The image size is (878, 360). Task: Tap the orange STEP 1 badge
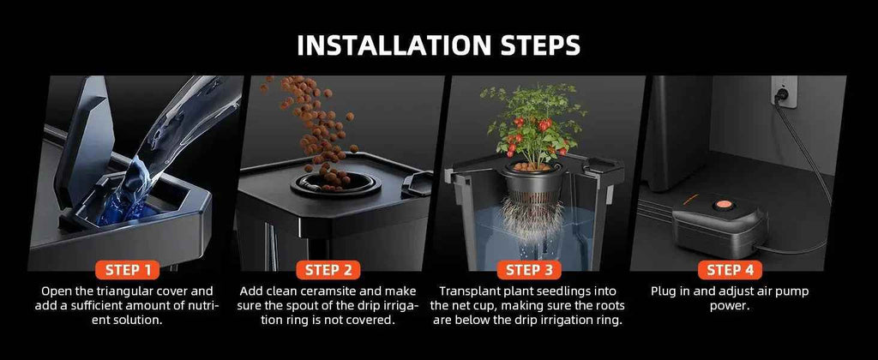(x=129, y=270)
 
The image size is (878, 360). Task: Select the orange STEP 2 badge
(x=328, y=270)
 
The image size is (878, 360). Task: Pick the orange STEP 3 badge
(x=529, y=270)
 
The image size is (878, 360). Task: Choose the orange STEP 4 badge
(x=731, y=270)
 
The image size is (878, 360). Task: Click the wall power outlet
(x=784, y=91)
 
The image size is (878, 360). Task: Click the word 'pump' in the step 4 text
(x=793, y=291)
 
